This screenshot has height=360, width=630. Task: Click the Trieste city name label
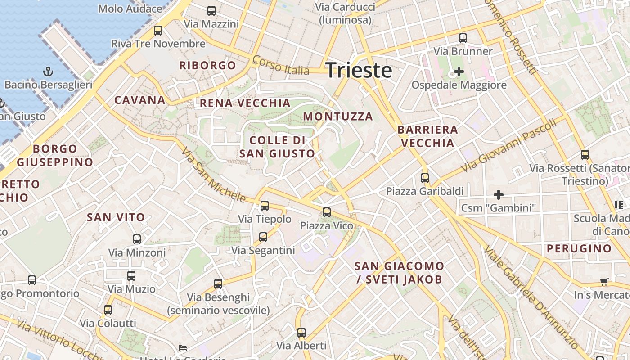coord(358,70)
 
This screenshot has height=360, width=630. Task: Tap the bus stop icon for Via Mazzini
coord(211,11)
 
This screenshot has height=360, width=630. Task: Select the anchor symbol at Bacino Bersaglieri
coord(48,72)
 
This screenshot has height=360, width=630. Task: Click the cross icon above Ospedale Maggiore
coord(459,72)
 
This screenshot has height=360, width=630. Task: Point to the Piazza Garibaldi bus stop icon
coord(425,178)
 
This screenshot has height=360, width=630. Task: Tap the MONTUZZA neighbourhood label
coord(338,117)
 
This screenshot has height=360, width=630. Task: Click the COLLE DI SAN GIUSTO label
coord(277,147)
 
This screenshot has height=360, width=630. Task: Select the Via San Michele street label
coord(213,175)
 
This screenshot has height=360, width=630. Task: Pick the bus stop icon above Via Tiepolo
coord(265,206)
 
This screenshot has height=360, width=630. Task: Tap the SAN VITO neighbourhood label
coord(116,217)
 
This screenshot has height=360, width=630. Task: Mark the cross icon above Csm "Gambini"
coord(499,195)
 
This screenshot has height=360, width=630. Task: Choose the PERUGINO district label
coord(579,248)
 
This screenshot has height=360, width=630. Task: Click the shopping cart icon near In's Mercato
coord(604,282)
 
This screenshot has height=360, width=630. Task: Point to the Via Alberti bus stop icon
coord(301,333)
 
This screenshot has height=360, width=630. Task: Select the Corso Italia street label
coord(281,65)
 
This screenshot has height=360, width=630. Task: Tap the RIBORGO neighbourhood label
coord(207,65)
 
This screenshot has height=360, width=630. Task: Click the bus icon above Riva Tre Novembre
coord(158,31)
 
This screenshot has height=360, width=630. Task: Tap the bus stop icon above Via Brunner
coord(463,38)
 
